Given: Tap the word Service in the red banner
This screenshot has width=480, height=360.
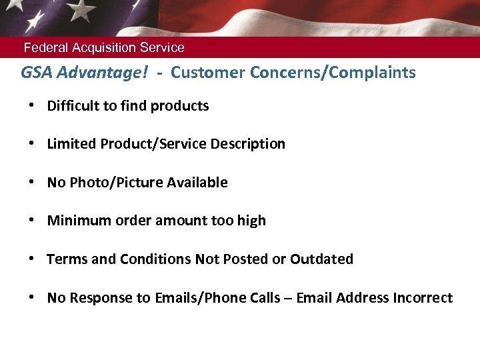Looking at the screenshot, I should click(162, 48).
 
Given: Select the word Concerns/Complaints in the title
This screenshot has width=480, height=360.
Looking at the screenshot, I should click(333, 73).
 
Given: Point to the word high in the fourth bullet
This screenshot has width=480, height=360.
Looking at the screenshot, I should click(251, 221).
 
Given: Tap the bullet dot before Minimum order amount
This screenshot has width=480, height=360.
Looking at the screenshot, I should click(32, 221).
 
